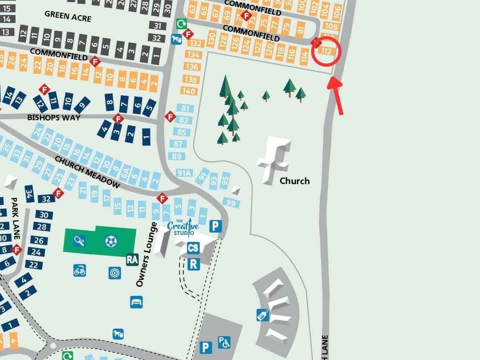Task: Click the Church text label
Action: tap(294, 181)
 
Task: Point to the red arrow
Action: tap(336, 95)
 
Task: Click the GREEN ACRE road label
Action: tap(68, 16)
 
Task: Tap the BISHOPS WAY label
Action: tap(54, 118)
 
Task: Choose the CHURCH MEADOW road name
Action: tap(87, 172)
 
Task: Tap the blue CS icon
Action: tap(193, 248)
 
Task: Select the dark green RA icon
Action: tap(132, 259)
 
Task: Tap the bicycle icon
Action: tap(80, 270)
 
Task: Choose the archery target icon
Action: tap(114, 273)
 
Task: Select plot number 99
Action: tap(231, 203)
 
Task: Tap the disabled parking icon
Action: tap(224, 342)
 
